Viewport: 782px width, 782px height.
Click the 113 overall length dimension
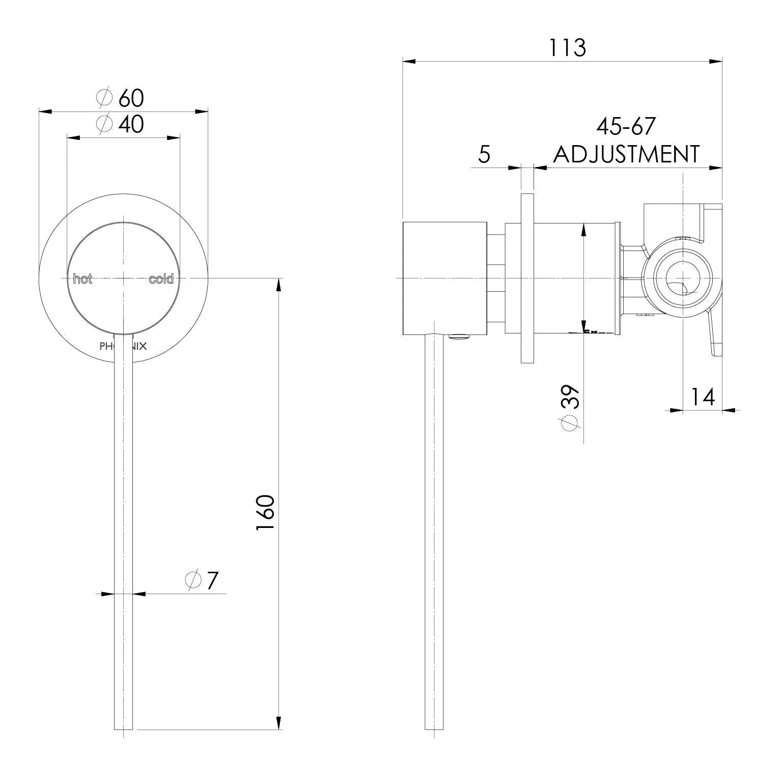(567, 48)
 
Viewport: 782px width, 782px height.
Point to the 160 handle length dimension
(266, 512)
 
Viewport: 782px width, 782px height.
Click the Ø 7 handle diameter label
(202, 580)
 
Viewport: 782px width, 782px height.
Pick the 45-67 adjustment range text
(626, 126)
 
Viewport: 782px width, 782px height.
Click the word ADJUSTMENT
(626, 154)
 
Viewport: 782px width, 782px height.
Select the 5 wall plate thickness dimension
(484, 154)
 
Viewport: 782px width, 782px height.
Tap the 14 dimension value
(703, 397)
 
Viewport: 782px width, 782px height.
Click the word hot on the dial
(82, 279)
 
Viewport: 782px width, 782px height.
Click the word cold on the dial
(161, 279)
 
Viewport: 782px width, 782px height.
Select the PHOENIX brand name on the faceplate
(123, 347)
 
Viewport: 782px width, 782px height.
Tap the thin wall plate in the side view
(527, 278)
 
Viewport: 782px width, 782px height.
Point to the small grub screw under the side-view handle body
(459, 336)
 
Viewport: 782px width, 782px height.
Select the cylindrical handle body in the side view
(444, 279)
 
